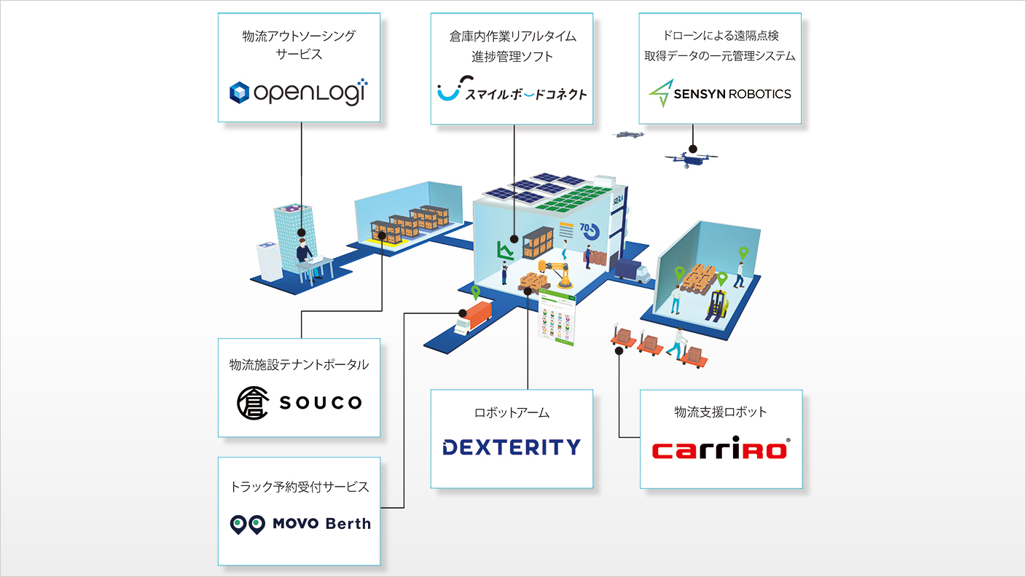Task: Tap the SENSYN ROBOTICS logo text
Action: coord(732,94)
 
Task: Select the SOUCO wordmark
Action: coord(321,403)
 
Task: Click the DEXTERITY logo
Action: coord(512,447)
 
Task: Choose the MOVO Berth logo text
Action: coord(321,523)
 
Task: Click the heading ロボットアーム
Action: coord(512,412)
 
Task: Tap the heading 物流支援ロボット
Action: coord(721,412)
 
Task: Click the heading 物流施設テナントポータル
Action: coord(299,364)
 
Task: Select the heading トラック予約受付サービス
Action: coord(299,487)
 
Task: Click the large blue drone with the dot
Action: coord(692,158)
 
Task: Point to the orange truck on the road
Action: coord(473,318)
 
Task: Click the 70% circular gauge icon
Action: coord(590,231)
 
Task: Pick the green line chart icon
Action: coord(505,250)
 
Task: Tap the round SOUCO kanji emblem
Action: coord(252,403)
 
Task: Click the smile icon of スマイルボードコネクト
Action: coord(450,89)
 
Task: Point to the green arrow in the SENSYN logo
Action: coord(662,93)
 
